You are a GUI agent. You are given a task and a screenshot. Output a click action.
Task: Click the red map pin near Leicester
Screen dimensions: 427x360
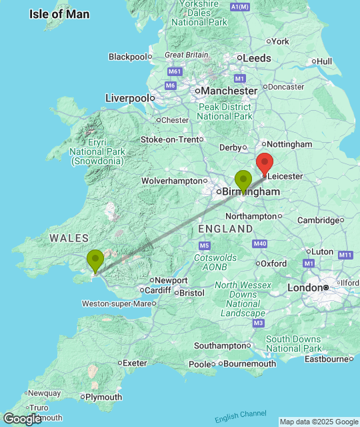tap(265, 163)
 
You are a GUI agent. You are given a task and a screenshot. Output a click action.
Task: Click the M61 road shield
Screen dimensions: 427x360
tap(175, 71)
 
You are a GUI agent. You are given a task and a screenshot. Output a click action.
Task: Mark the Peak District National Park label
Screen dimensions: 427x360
tap(225, 111)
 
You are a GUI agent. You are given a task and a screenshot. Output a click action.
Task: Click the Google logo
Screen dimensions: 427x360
tap(21, 419)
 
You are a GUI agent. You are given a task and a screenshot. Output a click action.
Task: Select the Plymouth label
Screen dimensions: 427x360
tap(104, 397)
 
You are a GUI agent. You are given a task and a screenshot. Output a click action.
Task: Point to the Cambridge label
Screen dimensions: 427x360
tap(318, 220)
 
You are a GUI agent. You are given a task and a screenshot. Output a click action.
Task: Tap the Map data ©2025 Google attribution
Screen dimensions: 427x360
tap(318, 421)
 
